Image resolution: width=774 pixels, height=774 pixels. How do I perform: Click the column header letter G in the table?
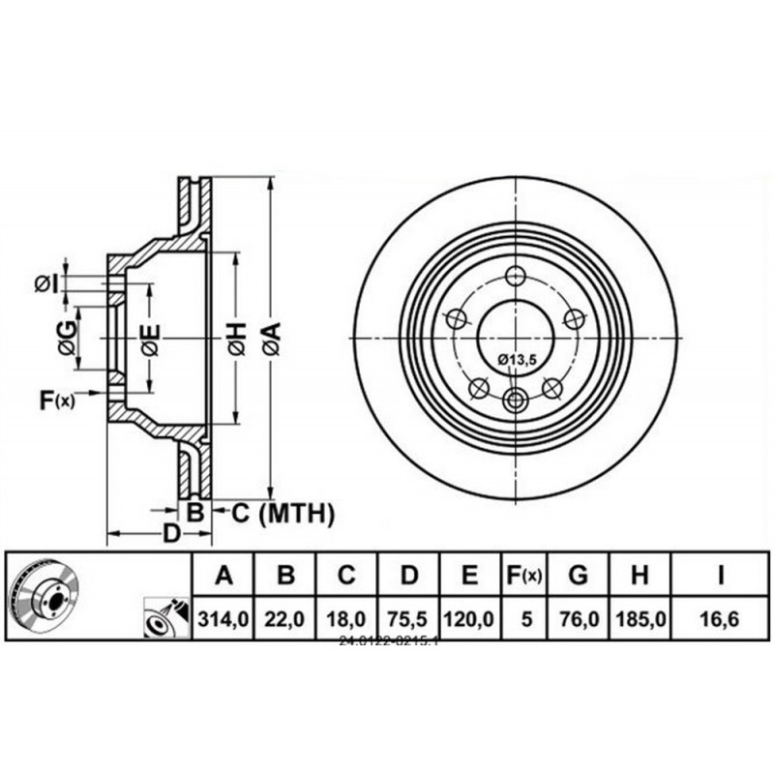[x=578, y=577]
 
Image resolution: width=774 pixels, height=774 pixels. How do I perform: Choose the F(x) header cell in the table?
[x=525, y=577]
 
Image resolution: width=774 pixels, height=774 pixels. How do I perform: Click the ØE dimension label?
[x=150, y=340]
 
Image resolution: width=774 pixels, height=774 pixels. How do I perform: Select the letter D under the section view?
[x=170, y=534]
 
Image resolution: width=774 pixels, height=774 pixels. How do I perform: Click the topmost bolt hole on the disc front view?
[x=515, y=274]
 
